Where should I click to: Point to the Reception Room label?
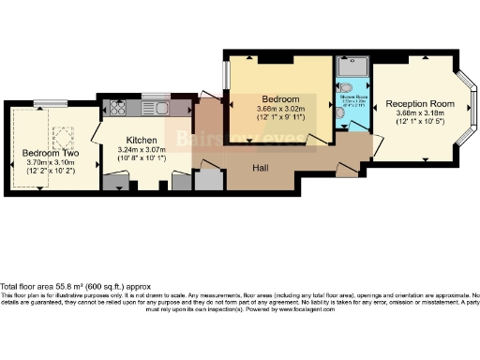pos(419,103)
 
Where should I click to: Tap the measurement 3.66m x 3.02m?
pos(280,109)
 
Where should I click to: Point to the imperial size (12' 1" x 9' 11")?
pos(280,118)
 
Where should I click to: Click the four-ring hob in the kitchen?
pos(119,107)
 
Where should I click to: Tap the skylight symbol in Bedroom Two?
pos(64,137)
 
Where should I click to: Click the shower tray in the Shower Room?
pos(352,66)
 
